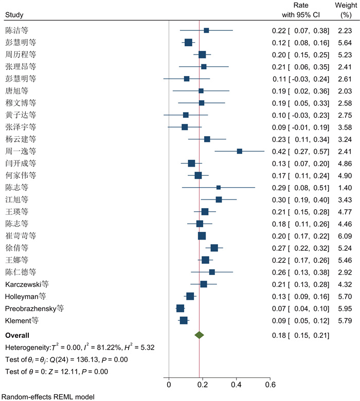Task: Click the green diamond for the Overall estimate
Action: [200, 335]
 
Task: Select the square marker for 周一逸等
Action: [240, 151]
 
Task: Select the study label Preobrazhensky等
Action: [34, 308]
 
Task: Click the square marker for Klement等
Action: [184, 320]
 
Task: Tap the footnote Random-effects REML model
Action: [49, 396]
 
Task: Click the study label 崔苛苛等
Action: [21, 236]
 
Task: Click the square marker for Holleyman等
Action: [190, 296]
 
